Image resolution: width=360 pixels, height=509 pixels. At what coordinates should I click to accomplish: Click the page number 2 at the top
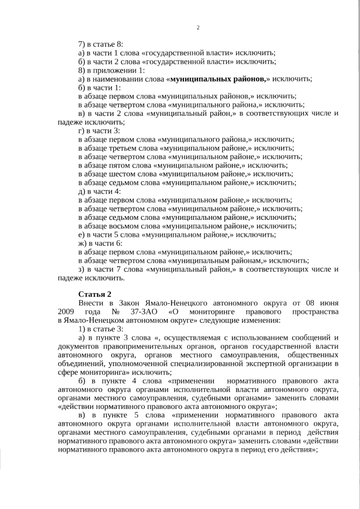198,28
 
